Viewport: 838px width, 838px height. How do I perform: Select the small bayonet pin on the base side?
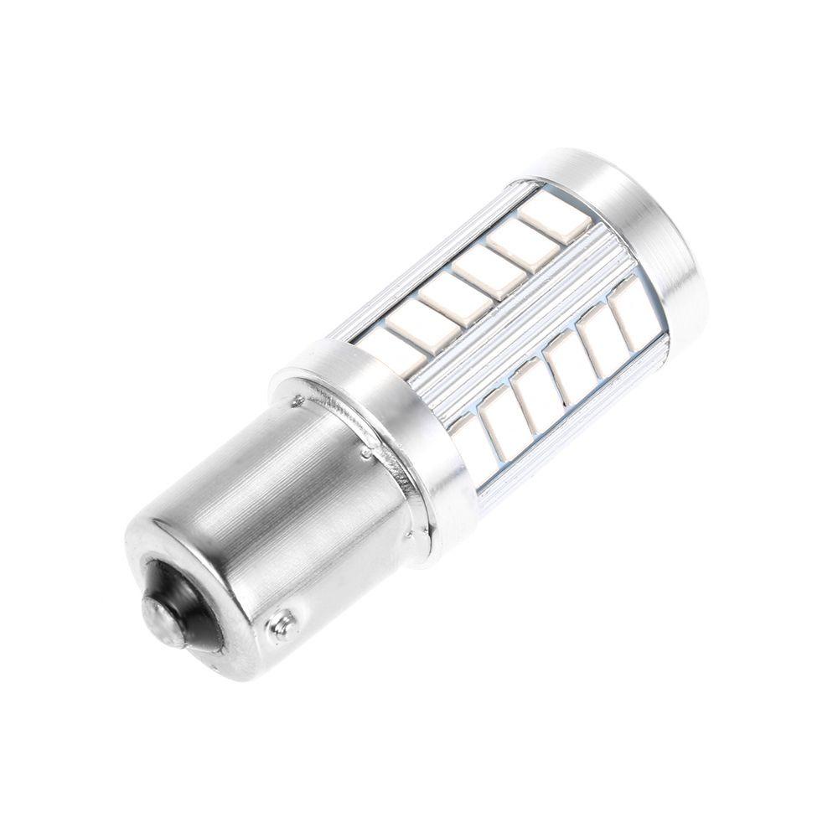pos(282,624)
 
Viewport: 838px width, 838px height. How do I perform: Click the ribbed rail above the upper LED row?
pos(436,251)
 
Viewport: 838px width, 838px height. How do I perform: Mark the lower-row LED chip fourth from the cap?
pos(533,391)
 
